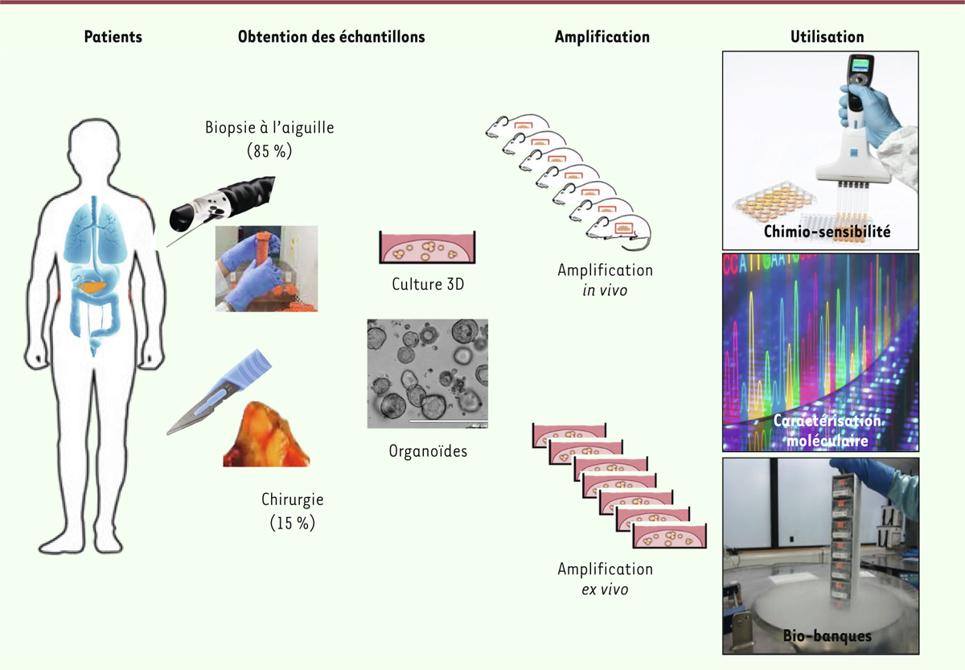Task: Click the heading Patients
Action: click(113, 37)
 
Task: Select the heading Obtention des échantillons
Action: click(331, 37)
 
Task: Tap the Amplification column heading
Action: click(602, 37)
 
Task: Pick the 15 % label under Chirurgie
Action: click(293, 523)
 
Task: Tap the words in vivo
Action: click(605, 290)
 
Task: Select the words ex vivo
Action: click(605, 590)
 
